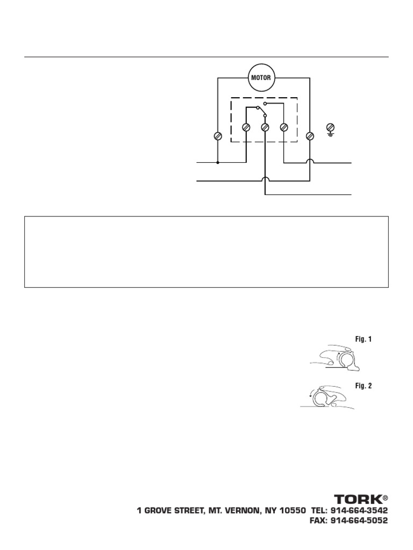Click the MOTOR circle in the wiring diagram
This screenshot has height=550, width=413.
coord(262,77)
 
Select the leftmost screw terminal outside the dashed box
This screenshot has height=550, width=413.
coord(218,135)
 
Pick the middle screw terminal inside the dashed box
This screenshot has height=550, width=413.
coord(265,128)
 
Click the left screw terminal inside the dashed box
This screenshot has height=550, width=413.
coord(246,128)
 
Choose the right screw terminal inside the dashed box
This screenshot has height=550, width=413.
coord(284,128)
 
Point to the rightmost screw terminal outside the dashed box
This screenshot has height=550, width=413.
coord(310,135)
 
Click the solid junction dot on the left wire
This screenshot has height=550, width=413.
coord(218,162)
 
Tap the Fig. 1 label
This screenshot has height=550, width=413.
coord(364,339)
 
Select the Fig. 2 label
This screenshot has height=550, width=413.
coord(364,386)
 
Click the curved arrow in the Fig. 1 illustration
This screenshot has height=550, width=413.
coord(339,355)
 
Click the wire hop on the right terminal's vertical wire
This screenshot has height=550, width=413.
coord(310,162)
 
